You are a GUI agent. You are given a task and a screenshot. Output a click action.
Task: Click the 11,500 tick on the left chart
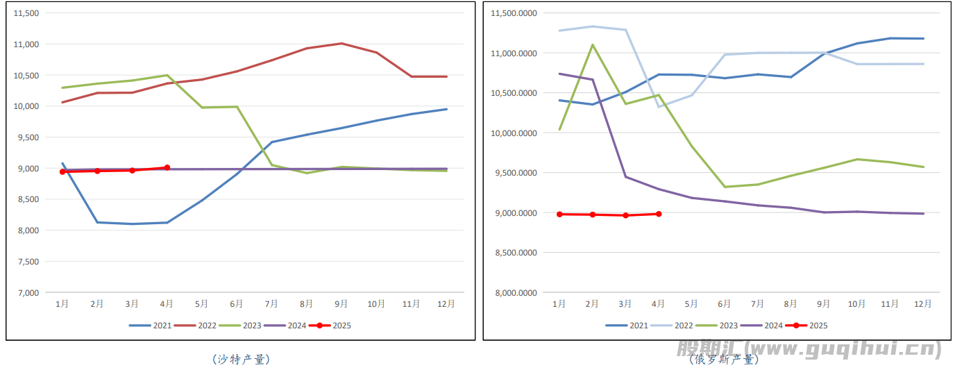point(27,13)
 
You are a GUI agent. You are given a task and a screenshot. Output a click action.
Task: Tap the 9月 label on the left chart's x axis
point(341,304)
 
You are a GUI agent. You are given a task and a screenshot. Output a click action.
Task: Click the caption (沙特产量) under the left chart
point(241,360)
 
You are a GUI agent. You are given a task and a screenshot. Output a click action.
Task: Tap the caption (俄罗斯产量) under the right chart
point(723,360)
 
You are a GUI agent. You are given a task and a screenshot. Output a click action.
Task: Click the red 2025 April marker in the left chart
point(167,167)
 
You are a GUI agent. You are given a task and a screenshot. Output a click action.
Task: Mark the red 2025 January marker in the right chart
point(559,215)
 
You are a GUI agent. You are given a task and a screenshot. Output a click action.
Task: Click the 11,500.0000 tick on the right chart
point(514,13)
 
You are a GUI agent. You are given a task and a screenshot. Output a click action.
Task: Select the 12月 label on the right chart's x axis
point(923,304)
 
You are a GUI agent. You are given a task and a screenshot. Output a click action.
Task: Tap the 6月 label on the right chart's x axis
point(724,304)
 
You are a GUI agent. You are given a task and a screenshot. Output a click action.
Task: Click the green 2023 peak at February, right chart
point(592,45)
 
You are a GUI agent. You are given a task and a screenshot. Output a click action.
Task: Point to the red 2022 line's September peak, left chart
point(341,44)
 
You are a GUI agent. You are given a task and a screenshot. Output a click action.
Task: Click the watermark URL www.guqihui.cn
point(841,349)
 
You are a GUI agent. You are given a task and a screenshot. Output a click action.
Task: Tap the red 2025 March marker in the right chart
point(625,215)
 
